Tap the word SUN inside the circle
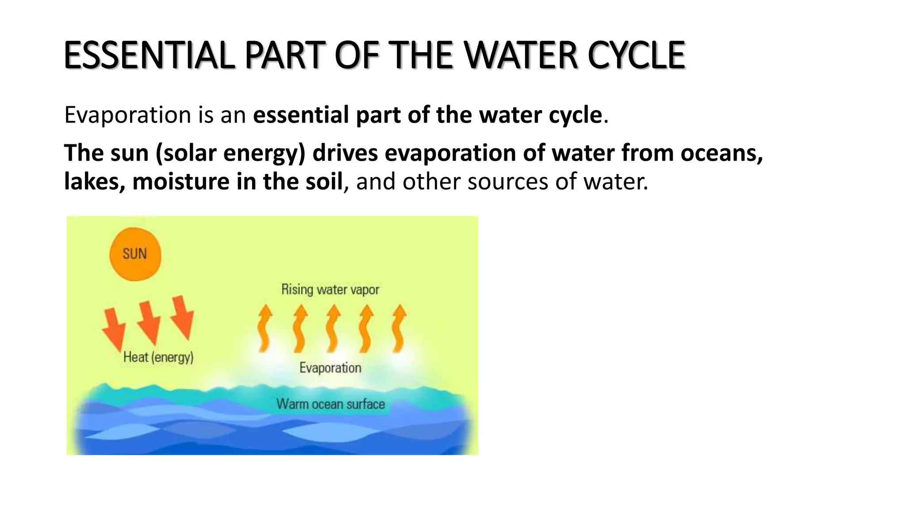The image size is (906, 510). (134, 254)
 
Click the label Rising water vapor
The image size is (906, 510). (330, 290)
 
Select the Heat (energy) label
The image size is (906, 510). (158, 357)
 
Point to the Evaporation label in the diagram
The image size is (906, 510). (330, 368)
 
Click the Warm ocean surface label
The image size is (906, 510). (330, 404)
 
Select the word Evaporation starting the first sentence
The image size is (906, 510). (127, 115)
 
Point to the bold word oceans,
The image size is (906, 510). (722, 153)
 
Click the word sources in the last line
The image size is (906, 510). (508, 182)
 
